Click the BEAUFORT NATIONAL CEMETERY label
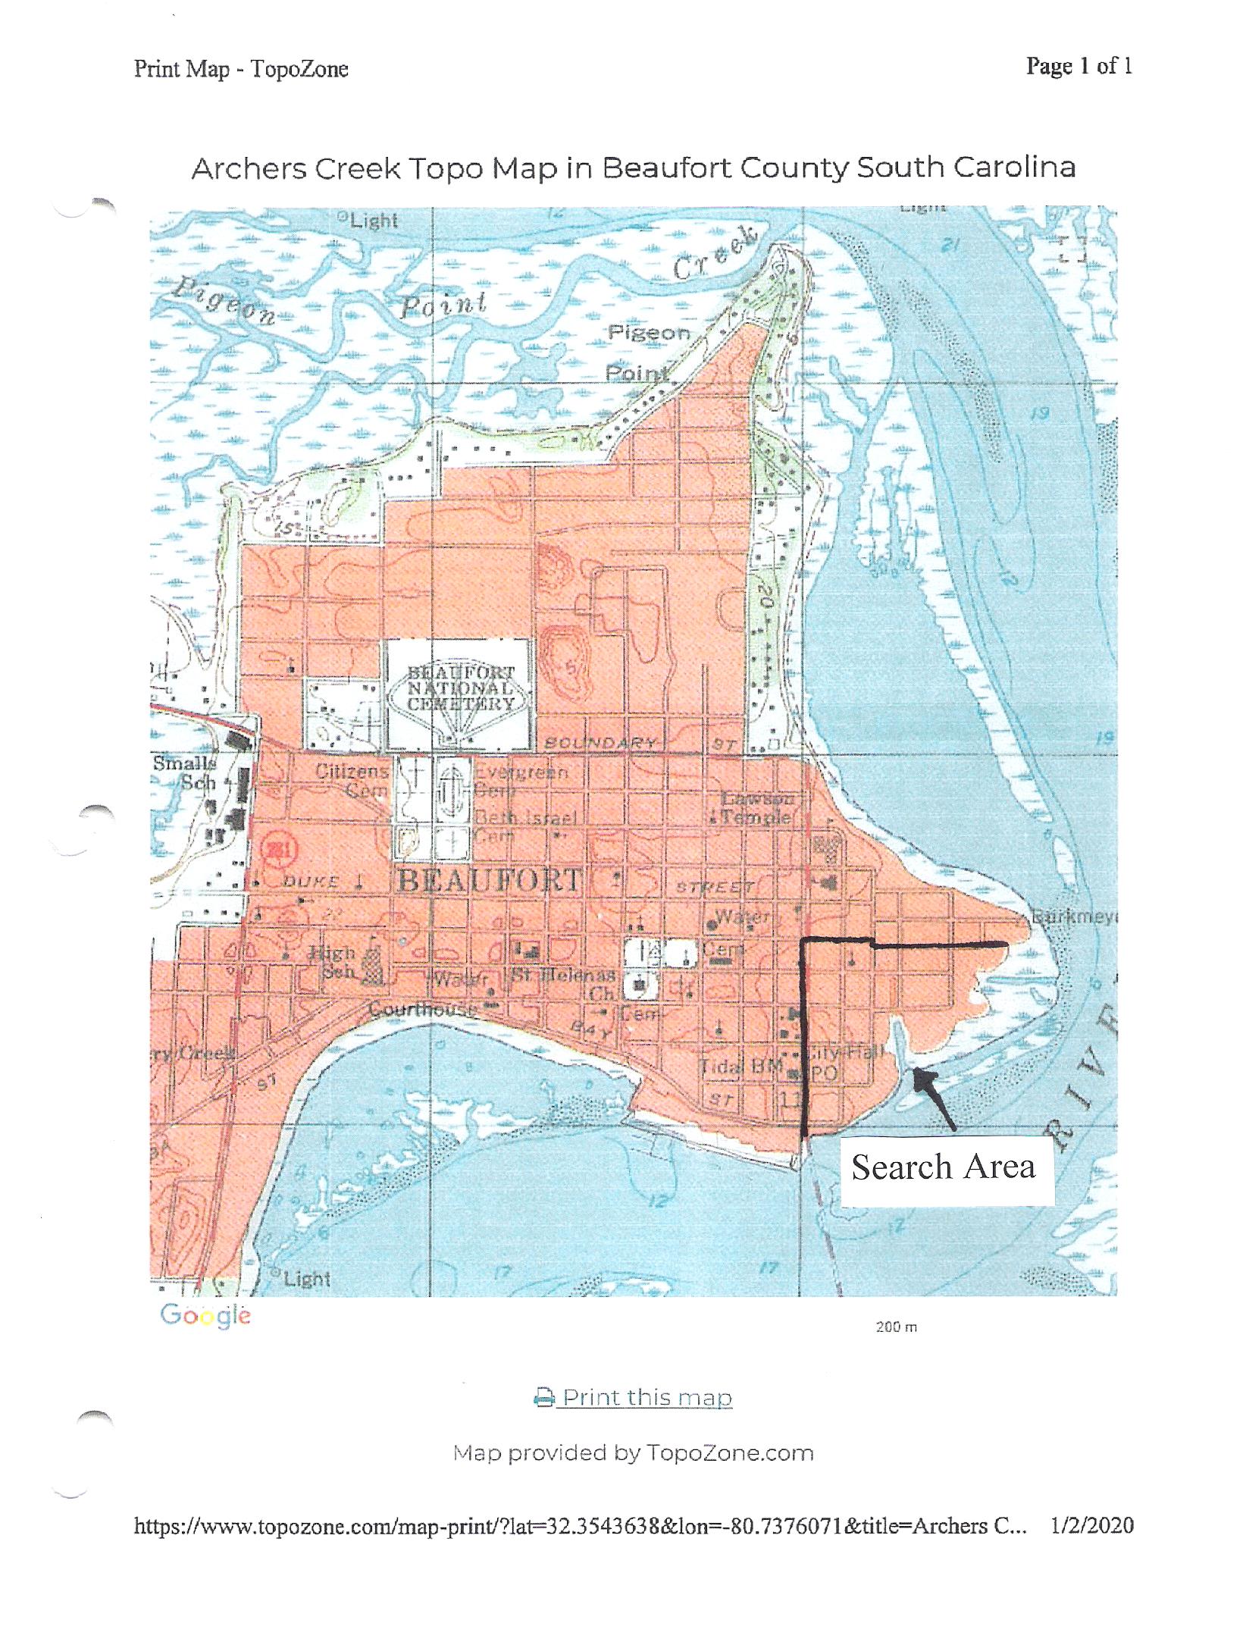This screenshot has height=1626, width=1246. [x=461, y=688]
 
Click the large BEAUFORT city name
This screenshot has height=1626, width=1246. [x=490, y=881]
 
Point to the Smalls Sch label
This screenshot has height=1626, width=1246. [x=186, y=772]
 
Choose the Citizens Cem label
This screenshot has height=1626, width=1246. [x=352, y=780]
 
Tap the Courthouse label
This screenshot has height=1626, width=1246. [x=424, y=1009]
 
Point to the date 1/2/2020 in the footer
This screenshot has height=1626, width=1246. [x=1091, y=1525]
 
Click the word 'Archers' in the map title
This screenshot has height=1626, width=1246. [x=250, y=168]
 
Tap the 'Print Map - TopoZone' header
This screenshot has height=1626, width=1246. [x=241, y=69]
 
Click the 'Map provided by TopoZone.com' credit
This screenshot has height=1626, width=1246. [x=634, y=1453]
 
